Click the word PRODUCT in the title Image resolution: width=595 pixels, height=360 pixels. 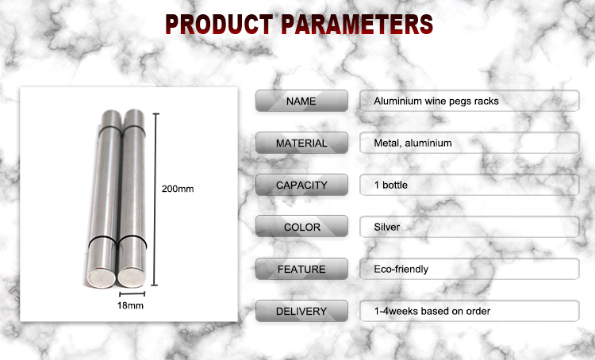(x=219, y=24)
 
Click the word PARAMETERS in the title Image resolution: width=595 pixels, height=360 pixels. (x=357, y=24)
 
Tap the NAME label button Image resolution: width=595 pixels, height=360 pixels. (x=301, y=101)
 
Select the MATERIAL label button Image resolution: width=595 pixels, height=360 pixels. (x=301, y=143)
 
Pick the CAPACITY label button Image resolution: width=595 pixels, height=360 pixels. (x=301, y=185)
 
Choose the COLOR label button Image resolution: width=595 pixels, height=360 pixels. (x=301, y=227)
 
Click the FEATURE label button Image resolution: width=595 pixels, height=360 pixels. (x=301, y=269)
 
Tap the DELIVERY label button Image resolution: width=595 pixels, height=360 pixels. (x=301, y=311)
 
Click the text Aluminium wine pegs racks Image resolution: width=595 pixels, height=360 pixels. (x=436, y=101)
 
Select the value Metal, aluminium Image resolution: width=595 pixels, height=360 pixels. (x=413, y=143)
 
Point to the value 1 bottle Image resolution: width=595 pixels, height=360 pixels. (x=391, y=185)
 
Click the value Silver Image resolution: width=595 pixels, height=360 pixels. (x=386, y=227)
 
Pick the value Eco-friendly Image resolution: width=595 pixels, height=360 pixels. (x=401, y=269)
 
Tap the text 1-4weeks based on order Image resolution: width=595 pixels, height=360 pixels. (x=432, y=311)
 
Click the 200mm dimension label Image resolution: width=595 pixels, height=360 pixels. (x=178, y=189)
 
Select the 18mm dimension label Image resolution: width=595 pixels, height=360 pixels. (x=130, y=305)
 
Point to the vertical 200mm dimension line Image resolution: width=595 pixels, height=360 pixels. (x=155, y=199)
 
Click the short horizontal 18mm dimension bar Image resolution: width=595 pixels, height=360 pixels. (x=132, y=293)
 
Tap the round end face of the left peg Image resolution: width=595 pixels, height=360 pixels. (x=102, y=278)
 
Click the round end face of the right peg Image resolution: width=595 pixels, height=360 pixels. (x=131, y=277)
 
